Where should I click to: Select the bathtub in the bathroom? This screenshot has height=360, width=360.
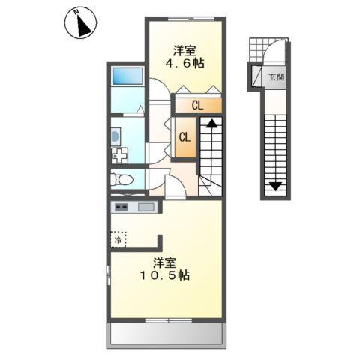[127, 77]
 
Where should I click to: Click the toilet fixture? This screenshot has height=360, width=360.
[121, 179]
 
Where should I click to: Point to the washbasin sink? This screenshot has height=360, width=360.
[115, 136]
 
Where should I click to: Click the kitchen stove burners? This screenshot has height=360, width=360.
[121, 207]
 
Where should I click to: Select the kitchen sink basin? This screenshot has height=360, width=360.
[145, 207]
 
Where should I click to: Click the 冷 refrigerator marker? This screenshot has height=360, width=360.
[118, 240]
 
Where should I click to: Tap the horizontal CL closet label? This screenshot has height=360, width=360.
[196, 106]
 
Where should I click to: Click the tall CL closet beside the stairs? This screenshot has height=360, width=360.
[184, 137]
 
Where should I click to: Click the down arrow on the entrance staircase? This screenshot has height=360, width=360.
[276, 186]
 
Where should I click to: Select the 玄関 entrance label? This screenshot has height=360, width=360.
[277, 76]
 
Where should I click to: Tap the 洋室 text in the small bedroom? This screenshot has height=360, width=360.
[185, 51]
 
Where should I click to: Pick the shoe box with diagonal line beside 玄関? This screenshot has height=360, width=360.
[255, 76]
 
